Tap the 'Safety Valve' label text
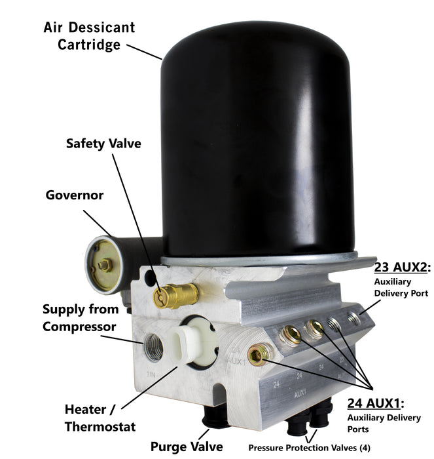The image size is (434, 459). (x=103, y=143)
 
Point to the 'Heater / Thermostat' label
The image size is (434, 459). (x=100, y=418)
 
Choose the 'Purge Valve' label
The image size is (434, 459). (x=186, y=446)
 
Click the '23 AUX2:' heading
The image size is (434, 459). (x=401, y=268)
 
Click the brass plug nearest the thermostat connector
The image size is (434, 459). (x=259, y=355)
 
